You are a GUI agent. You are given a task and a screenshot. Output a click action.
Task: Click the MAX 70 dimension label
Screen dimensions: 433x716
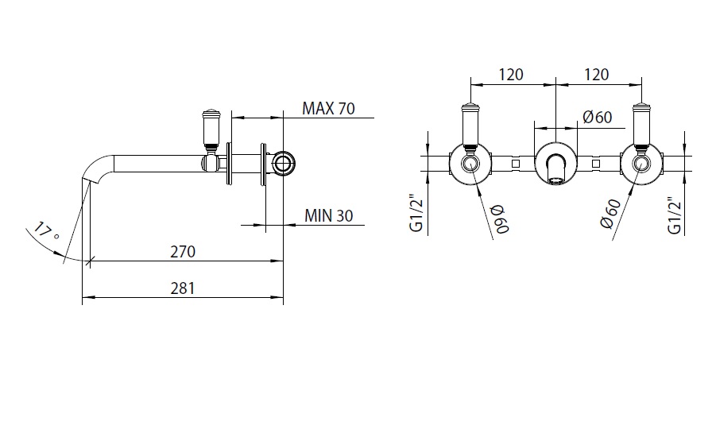(328, 109)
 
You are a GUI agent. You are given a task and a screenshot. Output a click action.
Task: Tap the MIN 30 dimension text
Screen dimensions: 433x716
(328, 215)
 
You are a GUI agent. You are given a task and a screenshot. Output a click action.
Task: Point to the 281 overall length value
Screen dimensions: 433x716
(184, 288)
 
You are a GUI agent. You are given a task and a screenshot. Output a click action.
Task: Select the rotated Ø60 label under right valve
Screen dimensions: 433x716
(611, 213)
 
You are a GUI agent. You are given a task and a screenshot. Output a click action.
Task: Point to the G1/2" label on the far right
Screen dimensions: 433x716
(675, 215)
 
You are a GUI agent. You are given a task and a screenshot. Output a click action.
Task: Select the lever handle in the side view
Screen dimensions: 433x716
(211, 129)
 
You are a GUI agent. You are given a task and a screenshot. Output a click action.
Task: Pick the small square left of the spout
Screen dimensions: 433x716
(515, 164)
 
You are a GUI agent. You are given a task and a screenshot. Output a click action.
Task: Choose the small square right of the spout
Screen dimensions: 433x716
(596, 164)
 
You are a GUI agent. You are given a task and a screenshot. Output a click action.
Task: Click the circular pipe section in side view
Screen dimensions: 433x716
(283, 164)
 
